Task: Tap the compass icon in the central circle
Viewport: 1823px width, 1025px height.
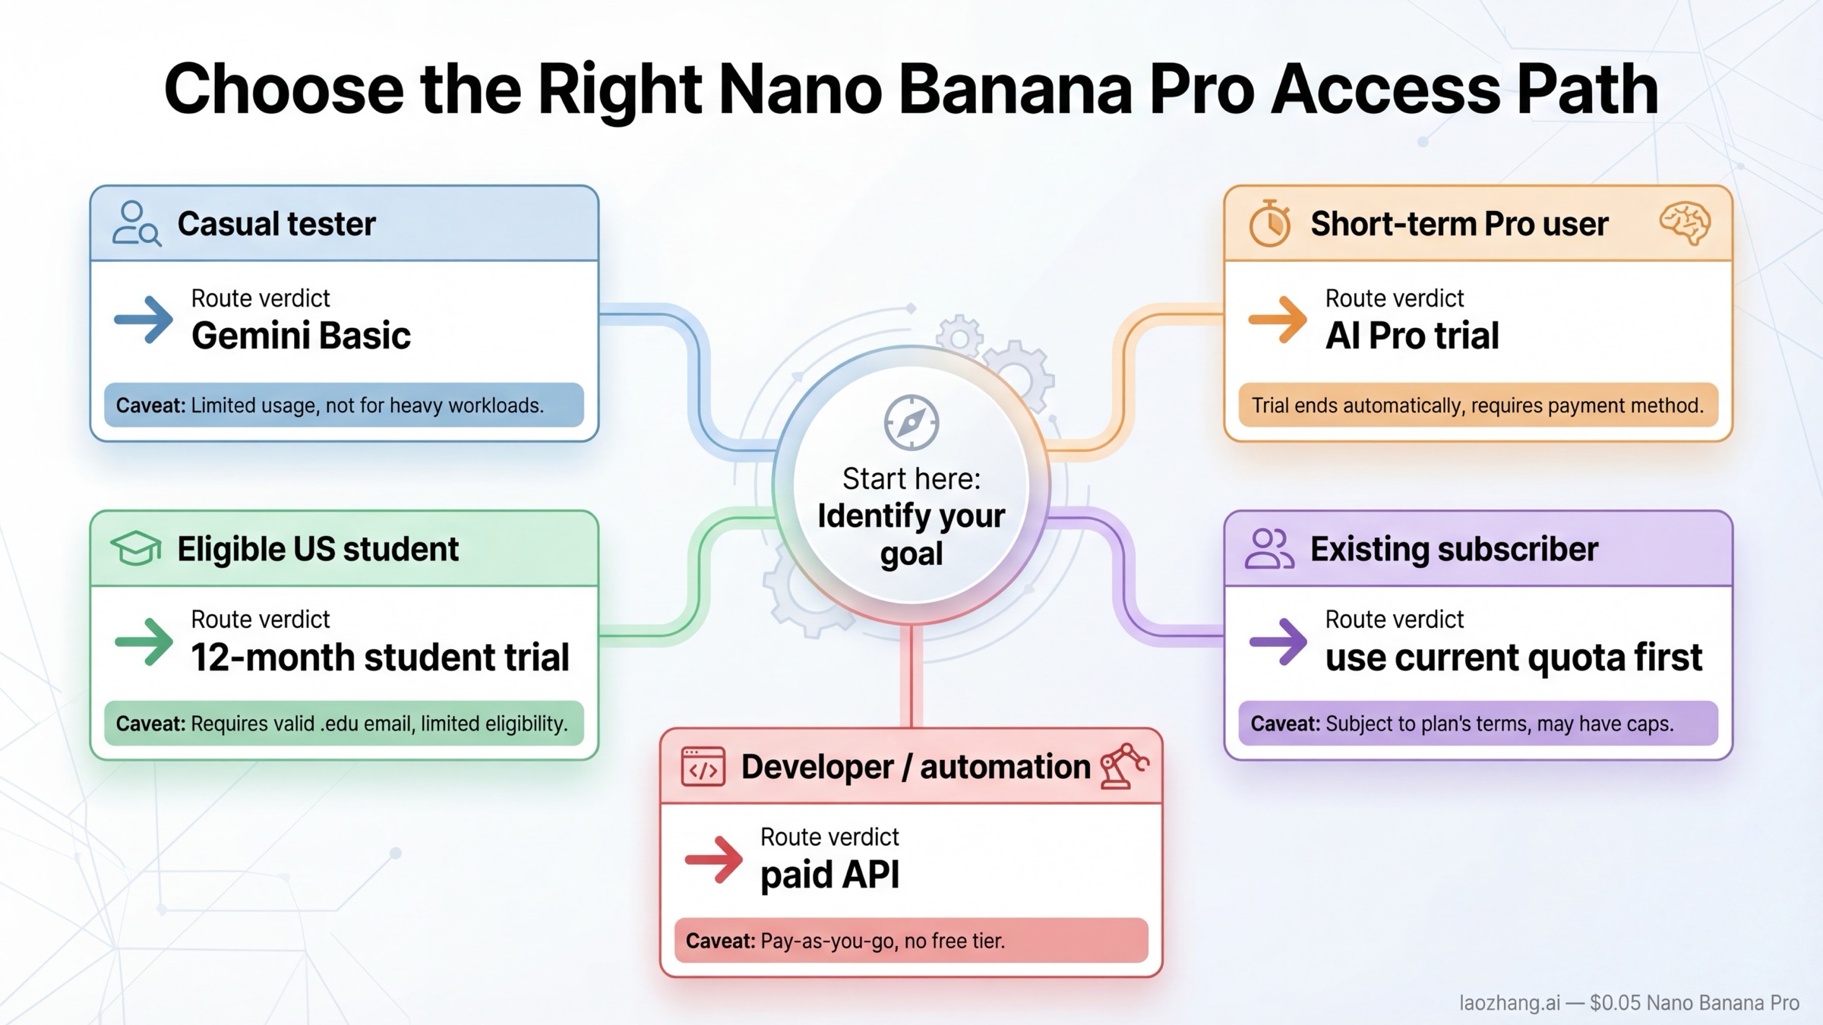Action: (x=912, y=422)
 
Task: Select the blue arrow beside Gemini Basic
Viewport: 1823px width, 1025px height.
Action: (x=144, y=320)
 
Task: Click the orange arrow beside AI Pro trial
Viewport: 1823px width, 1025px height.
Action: (x=1278, y=320)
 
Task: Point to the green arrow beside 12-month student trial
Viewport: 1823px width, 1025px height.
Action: (x=144, y=642)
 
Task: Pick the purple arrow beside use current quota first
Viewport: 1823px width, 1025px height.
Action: (x=1278, y=642)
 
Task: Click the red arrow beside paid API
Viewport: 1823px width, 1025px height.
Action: (x=713, y=859)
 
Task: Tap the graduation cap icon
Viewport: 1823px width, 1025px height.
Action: (x=136, y=548)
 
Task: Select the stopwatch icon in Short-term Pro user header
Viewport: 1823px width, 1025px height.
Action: (x=1269, y=224)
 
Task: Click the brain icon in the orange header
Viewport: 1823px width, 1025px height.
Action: (x=1685, y=223)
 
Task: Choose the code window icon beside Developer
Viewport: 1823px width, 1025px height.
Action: (x=703, y=767)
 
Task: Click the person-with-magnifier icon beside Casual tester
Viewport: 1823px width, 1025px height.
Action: (x=136, y=224)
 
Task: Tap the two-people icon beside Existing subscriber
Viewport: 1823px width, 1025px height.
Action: (x=1269, y=548)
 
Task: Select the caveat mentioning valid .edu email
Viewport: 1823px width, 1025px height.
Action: (x=343, y=723)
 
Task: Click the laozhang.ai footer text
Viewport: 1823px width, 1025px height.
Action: (x=1629, y=1003)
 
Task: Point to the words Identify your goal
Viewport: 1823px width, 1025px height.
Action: (x=911, y=535)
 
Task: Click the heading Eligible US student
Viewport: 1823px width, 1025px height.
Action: (x=318, y=549)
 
